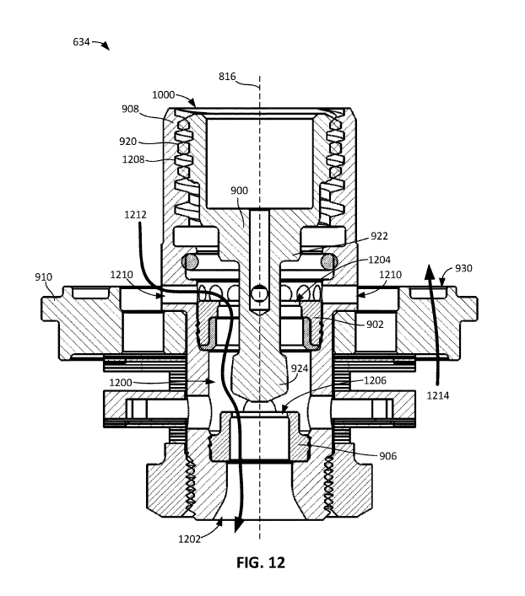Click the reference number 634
(x=81, y=42)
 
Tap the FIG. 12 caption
(x=261, y=562)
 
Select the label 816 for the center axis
(x=227, y=77)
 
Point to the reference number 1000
(x=164, y=94)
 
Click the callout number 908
(x=130, y=109)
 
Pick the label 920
(x=127, y=142)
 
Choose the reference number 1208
(x=133, y=159)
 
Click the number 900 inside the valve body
(x=239, y=191)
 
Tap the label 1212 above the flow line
(x=135, y=215)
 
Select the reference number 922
(x=379, y=236)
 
